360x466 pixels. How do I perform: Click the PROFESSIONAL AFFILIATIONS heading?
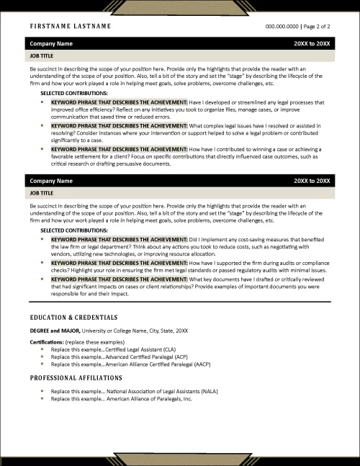coord(76,377)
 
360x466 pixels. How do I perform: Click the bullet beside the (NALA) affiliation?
coord(42,391)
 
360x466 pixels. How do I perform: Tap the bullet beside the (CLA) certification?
coord(42,349)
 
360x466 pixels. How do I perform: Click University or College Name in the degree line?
coord(115,330)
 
